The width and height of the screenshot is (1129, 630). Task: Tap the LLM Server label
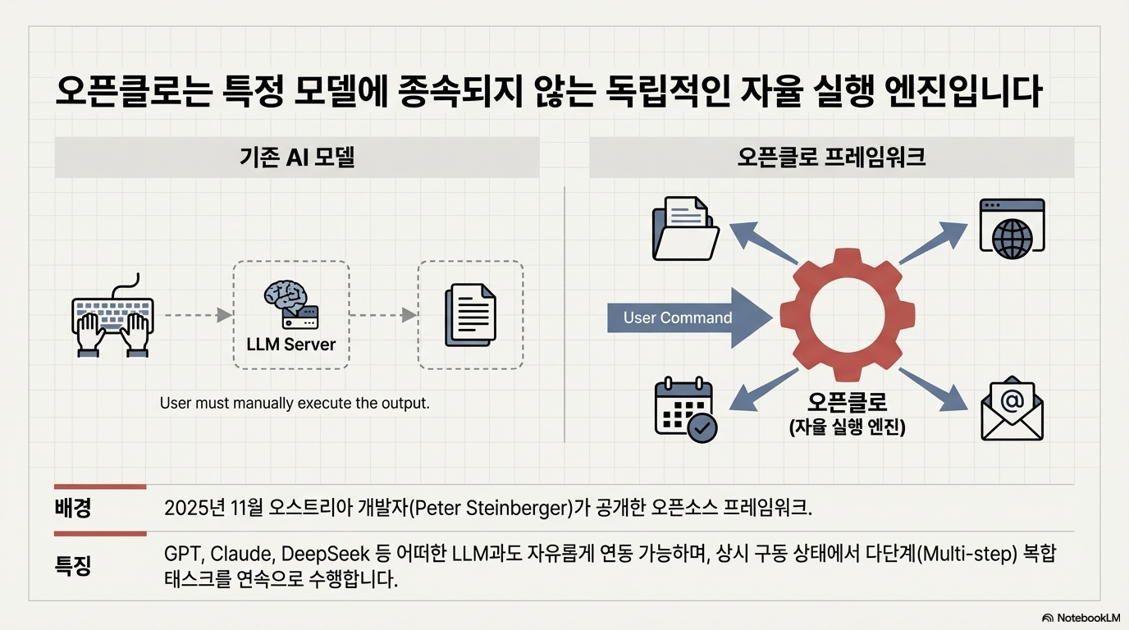point(291,345)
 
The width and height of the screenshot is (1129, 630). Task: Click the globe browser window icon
point(1012,229)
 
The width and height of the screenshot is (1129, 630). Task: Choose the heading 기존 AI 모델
point(297,157)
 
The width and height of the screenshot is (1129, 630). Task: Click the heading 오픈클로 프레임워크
point(831,157)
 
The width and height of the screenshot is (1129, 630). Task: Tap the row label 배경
point(73,508)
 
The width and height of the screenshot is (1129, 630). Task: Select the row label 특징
point(73,565)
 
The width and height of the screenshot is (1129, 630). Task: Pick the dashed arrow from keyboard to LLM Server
point(193,315)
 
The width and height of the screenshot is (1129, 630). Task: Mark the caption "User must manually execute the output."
point(295,403)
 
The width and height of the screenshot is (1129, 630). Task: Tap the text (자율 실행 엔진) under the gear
point(848,427)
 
